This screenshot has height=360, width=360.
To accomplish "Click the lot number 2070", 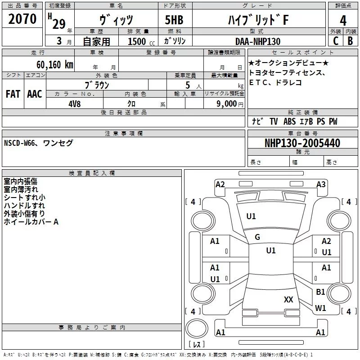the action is coord(22,19).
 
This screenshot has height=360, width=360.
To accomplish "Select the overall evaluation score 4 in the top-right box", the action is coord(343,20).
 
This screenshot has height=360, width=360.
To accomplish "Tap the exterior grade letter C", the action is coord(335,41).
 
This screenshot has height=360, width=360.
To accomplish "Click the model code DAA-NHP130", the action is coord(257,41).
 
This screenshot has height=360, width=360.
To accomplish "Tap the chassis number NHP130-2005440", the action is coord(302,143).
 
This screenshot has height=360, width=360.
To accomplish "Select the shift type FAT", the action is coord(13,94).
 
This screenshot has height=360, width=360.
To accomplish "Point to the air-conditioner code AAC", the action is coord(34,94).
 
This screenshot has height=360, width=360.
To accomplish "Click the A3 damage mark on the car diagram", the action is coord(321,184).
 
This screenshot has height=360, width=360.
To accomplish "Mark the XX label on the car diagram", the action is coord(288,299).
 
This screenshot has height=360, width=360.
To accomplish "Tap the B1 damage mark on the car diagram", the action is coord(320,292).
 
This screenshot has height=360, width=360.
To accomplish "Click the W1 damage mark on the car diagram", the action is coord(320,308).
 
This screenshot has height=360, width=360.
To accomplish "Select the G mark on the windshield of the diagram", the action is coord(257,237).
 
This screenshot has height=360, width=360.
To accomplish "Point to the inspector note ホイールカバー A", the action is coord(31,222).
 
